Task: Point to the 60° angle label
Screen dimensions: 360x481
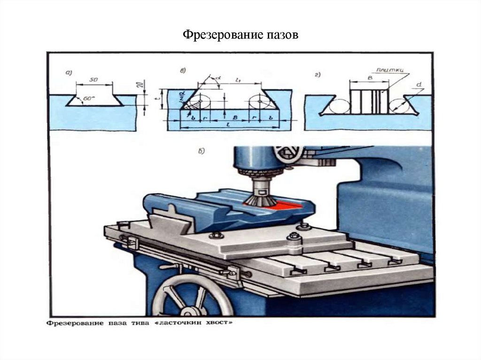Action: pos(88,99)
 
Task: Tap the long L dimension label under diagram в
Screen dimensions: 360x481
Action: pos(227,127)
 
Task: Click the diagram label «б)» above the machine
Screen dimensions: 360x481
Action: pos(202,151)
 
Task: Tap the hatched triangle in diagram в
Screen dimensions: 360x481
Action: pos(189,106)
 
